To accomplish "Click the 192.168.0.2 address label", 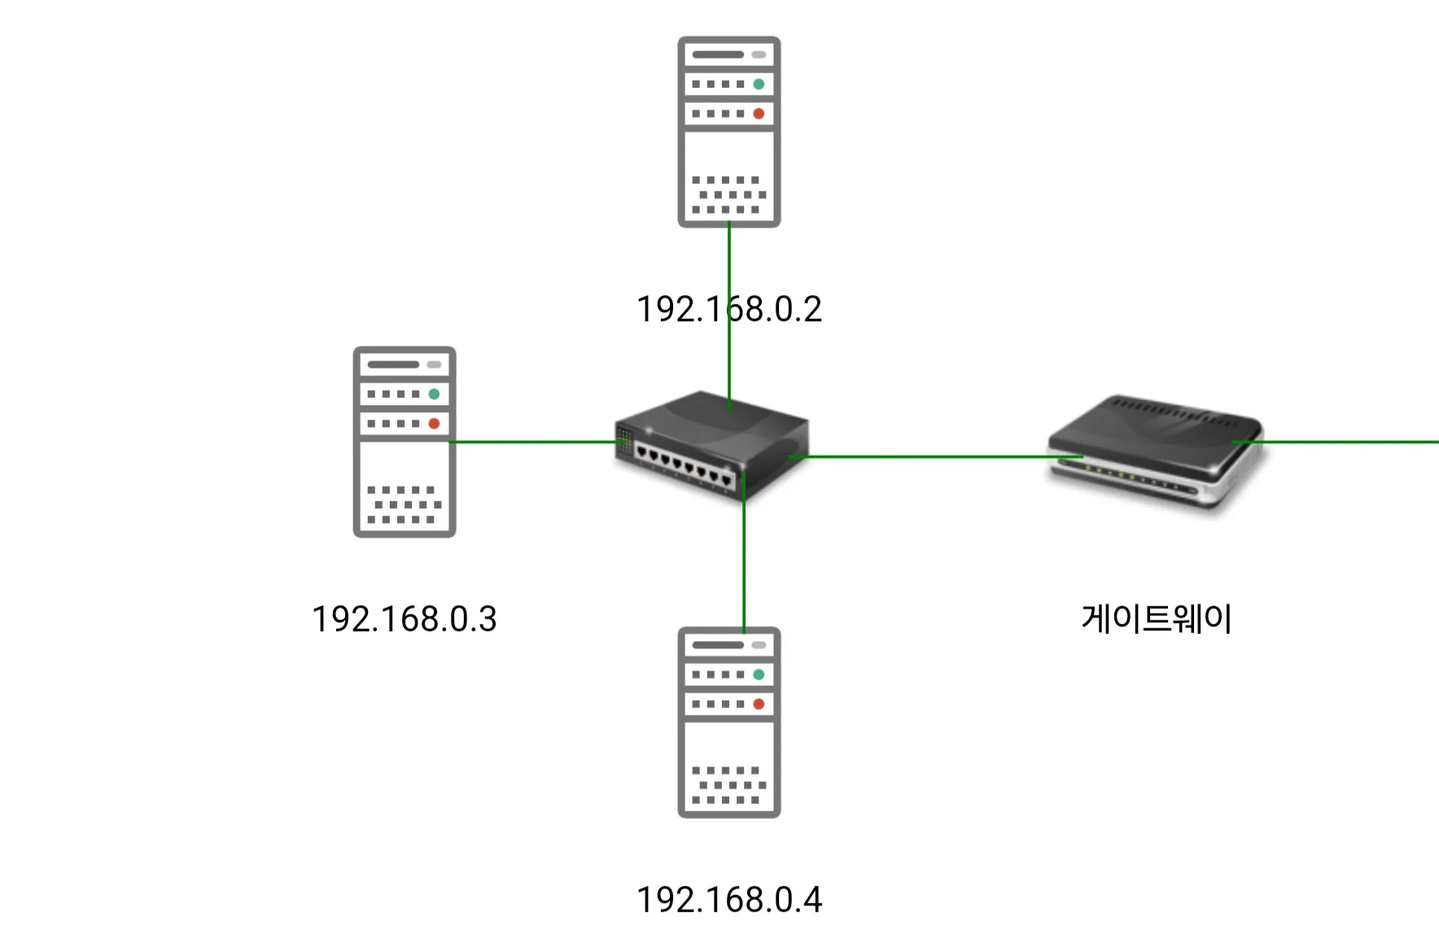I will point(728,309).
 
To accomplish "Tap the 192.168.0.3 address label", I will point(404,619).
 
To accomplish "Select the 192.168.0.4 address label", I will point(728,900).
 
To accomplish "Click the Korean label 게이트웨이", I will point(1156,618).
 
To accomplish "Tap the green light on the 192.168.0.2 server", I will point(759,84).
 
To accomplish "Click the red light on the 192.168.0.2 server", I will point(759,114).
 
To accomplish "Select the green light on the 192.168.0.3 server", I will point(434,394).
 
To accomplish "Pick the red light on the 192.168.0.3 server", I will point(434,424).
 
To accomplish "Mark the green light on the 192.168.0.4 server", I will point(759,675).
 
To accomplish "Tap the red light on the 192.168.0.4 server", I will point(759,704).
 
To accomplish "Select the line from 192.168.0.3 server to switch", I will point(533,442).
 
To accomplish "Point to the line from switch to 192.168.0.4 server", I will point(744,561).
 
